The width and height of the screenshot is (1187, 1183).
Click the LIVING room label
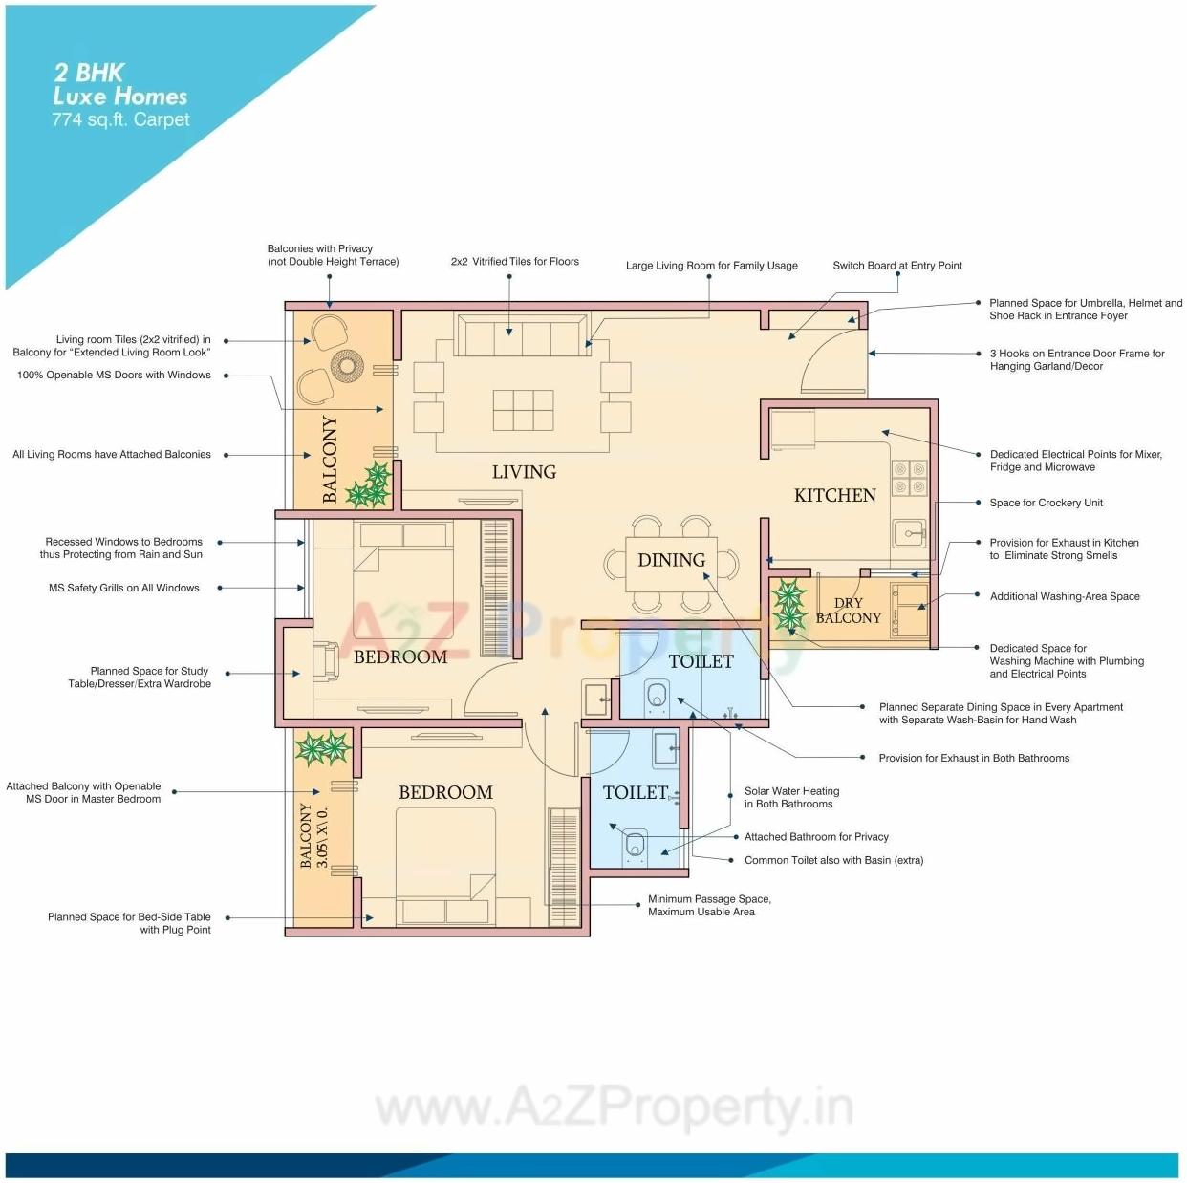524,472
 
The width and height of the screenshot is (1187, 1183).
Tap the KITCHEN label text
834,495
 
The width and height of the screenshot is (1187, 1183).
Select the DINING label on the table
671,560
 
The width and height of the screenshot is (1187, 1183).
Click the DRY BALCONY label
848,611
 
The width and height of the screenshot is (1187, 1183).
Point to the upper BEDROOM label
399,657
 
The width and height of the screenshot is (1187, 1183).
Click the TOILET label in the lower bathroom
635,792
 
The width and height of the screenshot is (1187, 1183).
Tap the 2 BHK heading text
89,73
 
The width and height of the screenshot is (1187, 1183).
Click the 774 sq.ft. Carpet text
120,119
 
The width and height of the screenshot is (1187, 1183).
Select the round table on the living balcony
347,364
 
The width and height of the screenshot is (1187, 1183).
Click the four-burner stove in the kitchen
909,478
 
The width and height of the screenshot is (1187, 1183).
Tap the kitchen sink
909,532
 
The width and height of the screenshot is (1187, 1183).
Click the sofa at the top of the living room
521,335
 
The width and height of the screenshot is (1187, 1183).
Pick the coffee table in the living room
523,410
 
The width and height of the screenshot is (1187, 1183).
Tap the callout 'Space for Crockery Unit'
1046,503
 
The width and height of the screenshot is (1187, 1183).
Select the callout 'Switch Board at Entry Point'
896,266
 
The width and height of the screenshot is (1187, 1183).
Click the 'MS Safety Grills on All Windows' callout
124,589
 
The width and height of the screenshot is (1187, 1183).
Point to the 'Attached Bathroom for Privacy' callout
816,837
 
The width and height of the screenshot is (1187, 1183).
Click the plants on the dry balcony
789,607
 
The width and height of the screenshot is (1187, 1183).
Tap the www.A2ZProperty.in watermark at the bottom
614,1108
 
